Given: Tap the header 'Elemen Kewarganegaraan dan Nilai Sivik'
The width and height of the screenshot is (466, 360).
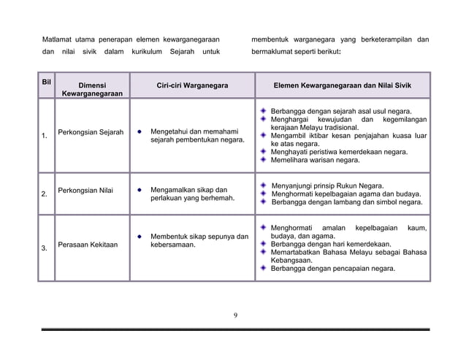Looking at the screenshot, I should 342,85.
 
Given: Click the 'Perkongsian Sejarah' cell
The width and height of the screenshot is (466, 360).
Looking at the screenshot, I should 91,132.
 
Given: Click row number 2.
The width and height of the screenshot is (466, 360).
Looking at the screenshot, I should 45,194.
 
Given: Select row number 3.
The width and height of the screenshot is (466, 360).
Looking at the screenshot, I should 45,248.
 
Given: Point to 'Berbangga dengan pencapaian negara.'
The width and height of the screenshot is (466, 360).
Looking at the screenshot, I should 332,268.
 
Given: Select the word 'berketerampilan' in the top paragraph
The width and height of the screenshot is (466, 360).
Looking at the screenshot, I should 383,39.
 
